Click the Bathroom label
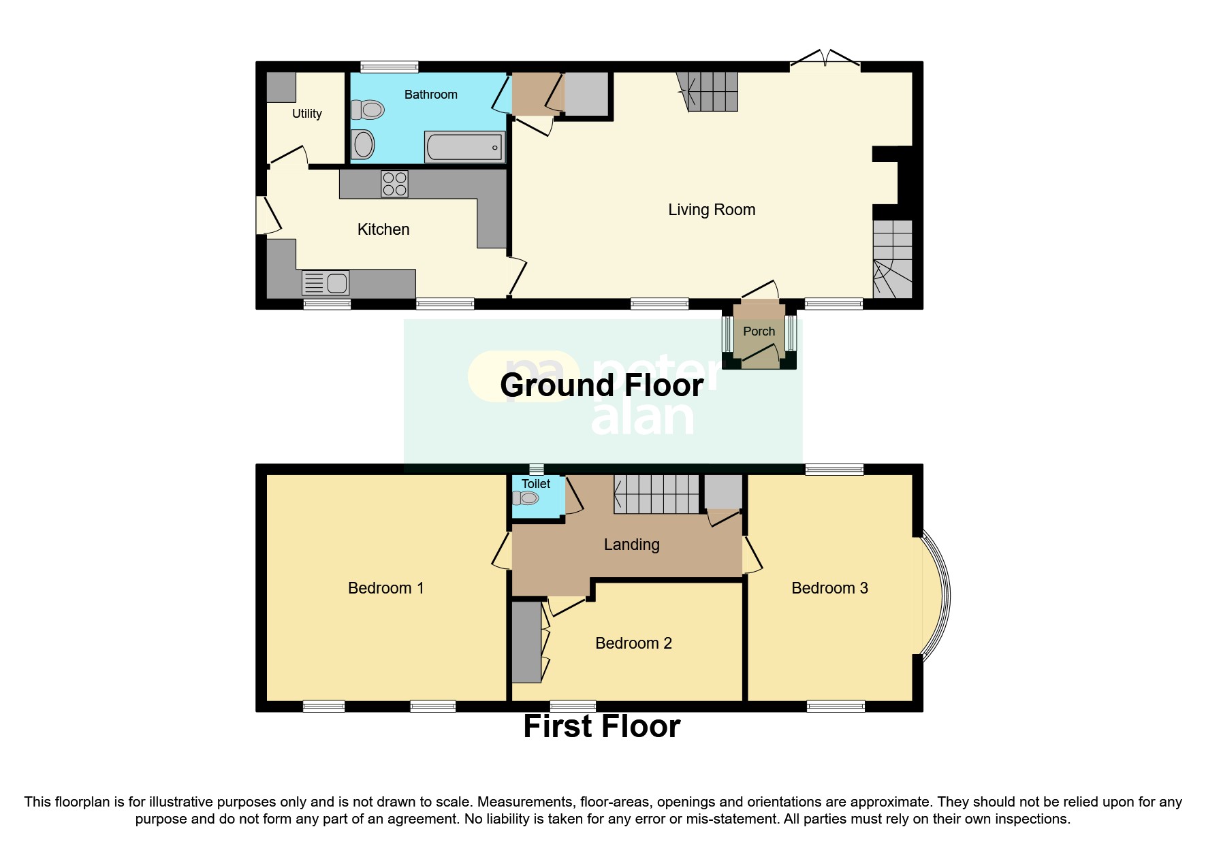pos(430,95)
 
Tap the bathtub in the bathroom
pos(464,147)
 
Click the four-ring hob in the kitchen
pos(395,184)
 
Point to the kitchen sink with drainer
pos(326,282)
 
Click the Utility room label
pos(306,114)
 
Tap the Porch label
pos(759,331)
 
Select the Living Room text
pos(712,210)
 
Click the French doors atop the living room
pos(825,60)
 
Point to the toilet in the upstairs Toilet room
pos(526,498)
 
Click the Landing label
pos(631,545)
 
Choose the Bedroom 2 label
pos(633,643)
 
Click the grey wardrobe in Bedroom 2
pos(526,642)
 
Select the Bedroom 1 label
pos(385,588)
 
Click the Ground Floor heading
pos(601,386)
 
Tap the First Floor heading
pos(601,727)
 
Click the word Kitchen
pos(383,229)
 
